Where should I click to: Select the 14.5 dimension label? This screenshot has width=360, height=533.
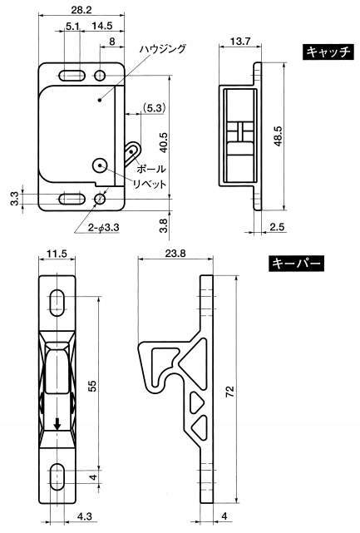103,26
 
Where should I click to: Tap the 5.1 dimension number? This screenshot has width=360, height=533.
72,26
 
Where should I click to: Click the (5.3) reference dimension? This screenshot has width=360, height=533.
154,108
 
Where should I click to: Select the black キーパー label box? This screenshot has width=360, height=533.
296,264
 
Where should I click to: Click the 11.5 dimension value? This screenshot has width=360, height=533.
57,254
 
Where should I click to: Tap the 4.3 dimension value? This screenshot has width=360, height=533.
85,516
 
